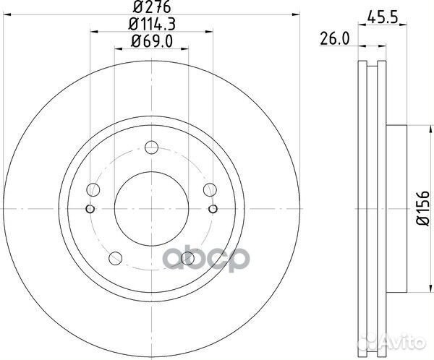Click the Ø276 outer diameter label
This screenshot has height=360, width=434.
[151, 9]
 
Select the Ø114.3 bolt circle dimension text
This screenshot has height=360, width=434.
[151, 26]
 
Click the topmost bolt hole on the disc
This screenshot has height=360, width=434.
[151, 148]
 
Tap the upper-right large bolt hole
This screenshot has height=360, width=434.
[209, 190]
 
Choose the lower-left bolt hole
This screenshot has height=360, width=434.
[116, 258]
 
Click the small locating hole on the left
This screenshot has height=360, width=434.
[90, 210]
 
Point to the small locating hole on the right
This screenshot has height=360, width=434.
[213, 210]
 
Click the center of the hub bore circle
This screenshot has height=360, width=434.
[151, 209]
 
